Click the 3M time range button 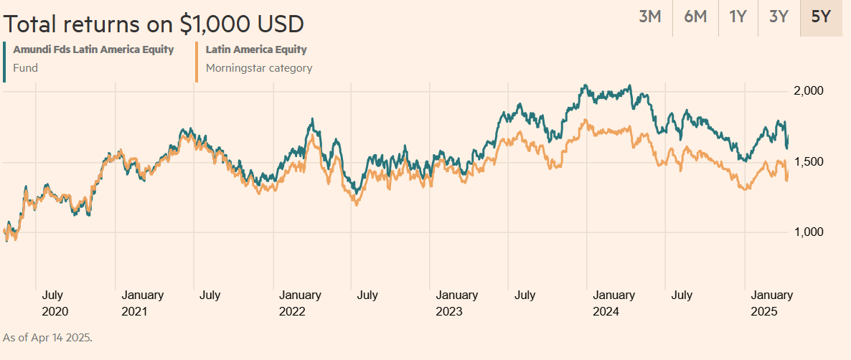[649, 16]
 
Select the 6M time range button [695, 16]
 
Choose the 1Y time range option [738, 16]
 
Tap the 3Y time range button [779, 16]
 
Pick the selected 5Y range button [821, 16]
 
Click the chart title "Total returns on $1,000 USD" [154, 24]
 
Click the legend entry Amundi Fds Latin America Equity [93, 49]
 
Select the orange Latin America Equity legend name [256, 49]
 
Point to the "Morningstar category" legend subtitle [259, 69]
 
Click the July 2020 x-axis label [56, 303]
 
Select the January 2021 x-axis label [142, 303]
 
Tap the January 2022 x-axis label [300, 303]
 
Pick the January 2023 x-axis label [457, 303]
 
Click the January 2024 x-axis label [613, 303]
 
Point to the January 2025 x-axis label [771, 303]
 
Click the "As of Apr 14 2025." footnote [47, 337]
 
